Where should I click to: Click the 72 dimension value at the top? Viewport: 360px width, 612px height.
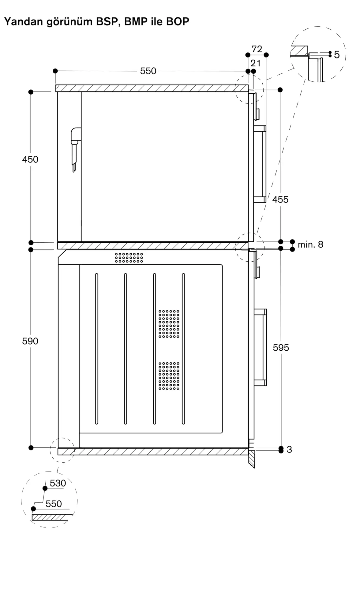tap(257, 49)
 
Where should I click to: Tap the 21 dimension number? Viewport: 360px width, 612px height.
tap(255, 63)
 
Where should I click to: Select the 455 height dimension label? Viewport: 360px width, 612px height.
tap(280, 200)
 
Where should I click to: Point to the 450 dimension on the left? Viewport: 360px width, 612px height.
tap(30, 159)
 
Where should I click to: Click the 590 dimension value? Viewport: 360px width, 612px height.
tap(30, 341)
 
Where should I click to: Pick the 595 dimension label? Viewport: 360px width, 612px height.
tap(281, 348)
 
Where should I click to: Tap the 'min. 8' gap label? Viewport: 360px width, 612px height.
tap(310, 244)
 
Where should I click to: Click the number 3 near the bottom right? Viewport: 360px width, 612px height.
tap(289, 450)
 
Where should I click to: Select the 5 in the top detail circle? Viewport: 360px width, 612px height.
tap(337, 55)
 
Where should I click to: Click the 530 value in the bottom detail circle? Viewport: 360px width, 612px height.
tap(58, 483)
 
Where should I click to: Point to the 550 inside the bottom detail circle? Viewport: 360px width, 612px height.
tap(54, 504)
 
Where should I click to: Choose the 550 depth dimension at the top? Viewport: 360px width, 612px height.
tap(148, 71)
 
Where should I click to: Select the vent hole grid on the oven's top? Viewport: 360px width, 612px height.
tap(129, 257)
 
